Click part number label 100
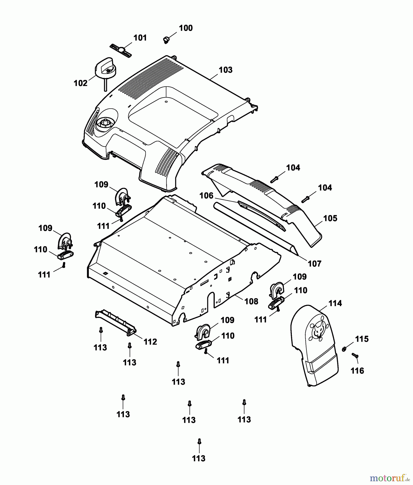[x=186, y=28]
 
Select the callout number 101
[x=140, y=38]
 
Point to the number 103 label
[x=225, y=70]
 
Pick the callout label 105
[x=330, y=218]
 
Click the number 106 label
[x=206, y=196]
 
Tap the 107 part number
[x=315, y=264]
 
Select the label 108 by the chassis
[x=251, y=301]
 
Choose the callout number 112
[x=150, y=342]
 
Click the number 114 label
[x=335, y=303]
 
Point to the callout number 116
[x=357, y=371]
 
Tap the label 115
[x=362, y=339]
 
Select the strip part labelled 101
[x=121, y=50]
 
